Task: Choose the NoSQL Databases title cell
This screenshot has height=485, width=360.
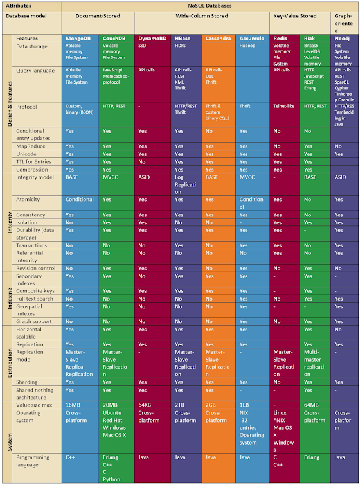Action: (210, 4)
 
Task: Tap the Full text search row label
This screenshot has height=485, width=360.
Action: (35, 299)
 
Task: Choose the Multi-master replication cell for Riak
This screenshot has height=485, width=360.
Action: (316, 363)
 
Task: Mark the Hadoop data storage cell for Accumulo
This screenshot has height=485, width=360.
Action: (248, 46)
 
